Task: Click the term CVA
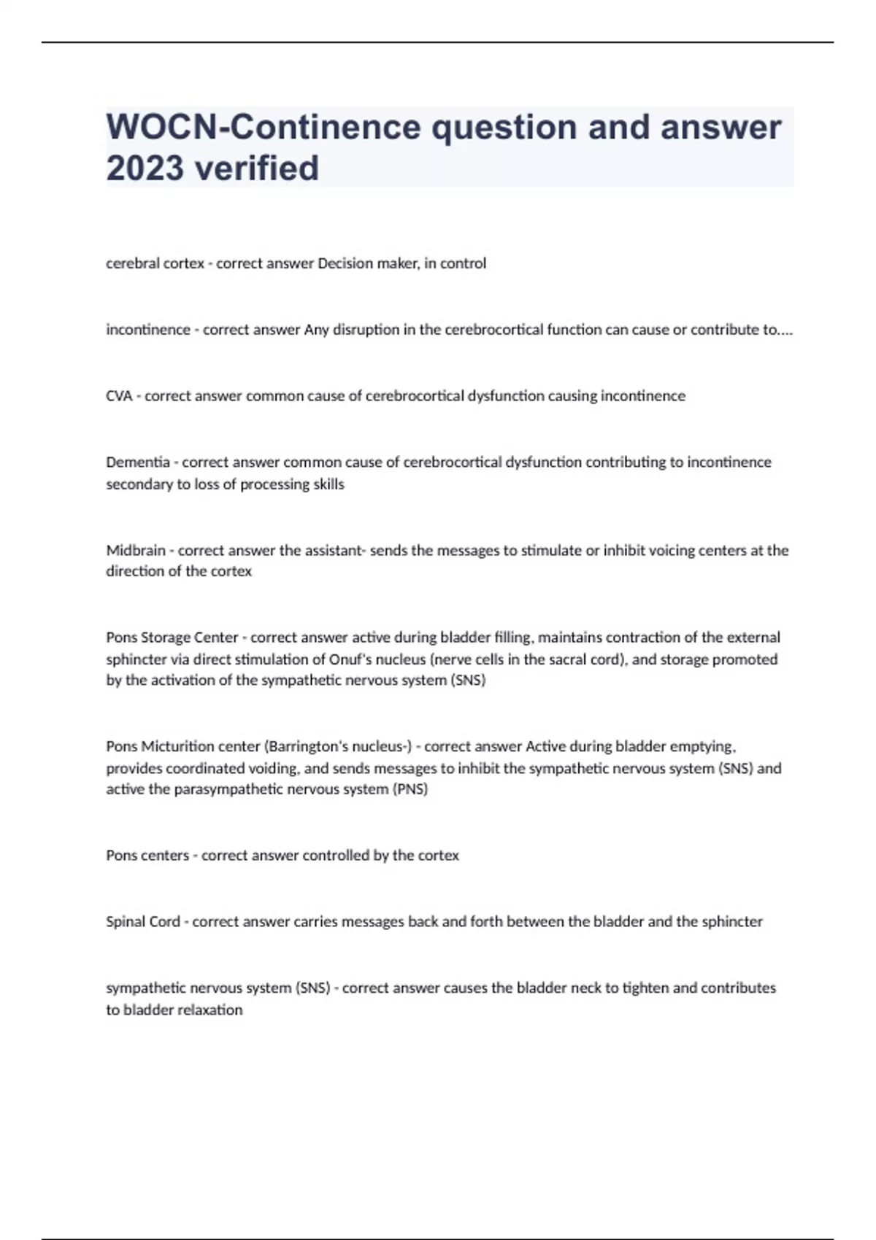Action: coord(119,396)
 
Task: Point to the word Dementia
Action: coord(137,462)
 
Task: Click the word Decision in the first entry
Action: coord(344,263)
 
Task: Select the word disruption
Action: coord(366,330)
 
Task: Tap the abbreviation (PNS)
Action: coord(410,789)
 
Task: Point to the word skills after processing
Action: coord(328,484)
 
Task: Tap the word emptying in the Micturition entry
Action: coord(705,746)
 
